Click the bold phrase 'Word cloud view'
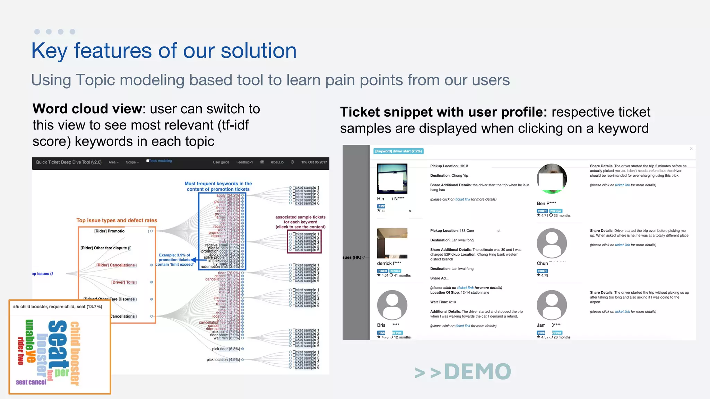coord(87,109)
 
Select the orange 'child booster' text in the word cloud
coord(75,353)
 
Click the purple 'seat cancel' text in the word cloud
coord(31,382)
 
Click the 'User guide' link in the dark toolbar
coord(221,162)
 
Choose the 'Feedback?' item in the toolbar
coord(244,162)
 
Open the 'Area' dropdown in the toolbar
coord(113,162)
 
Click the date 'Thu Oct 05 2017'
coord(314,162)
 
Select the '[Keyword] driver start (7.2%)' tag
coord(398,151)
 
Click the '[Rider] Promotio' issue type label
coord(109,231)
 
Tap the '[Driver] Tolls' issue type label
coord(123,282)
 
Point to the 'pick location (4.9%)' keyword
coord(223,360)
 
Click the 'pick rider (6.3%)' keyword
coord(226,349)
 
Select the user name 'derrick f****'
coord(389,263)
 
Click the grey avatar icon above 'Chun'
coord(552,243)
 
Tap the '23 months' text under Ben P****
coord(562,215)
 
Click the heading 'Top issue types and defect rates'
coord(116,220)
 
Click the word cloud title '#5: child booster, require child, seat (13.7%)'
coord(58,307)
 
